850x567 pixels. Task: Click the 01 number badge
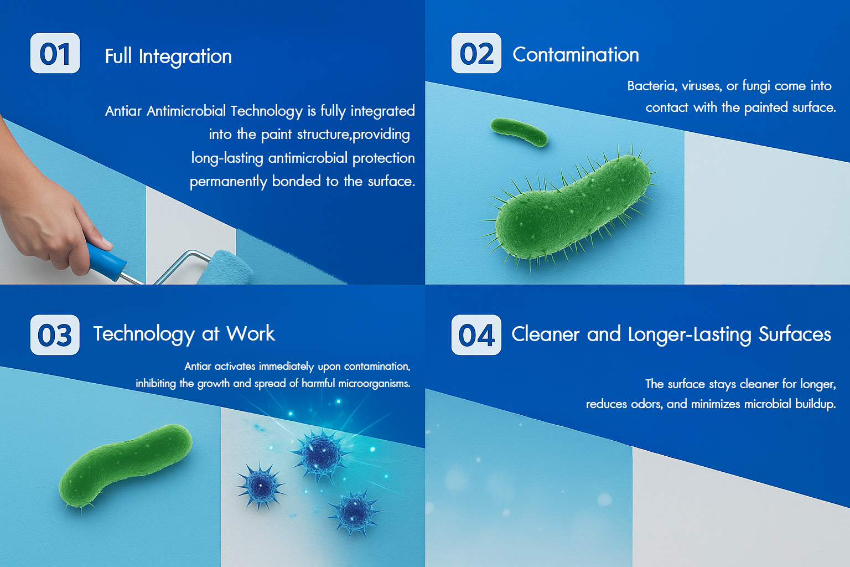pyautogui.click(x=55, y=53)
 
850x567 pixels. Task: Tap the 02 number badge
pyautogui.click(x=476, y=53)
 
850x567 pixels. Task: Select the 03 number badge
pyautogui.click(x=55, y=334)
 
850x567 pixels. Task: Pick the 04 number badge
pyautogui.click(x=476, y=334)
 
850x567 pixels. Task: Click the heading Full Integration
pyautogui.click(x=168, y=56)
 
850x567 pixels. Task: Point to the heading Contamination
pyautogui.click(x=576, y=55)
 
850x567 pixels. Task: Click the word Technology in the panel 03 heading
pyautogui.click(x=144, y=334)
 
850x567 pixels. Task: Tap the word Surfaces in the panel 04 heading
pyautogui.click(x=795, y=334)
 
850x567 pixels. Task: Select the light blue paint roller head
pyautogui.click(x=226, y=268)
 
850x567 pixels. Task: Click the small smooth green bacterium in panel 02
pyautogui.click(x=519, y=131)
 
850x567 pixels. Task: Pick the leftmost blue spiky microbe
pyautogui.click(x=261, y=486)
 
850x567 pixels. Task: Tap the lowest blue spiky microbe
pyautogui.click(x=355, y=512)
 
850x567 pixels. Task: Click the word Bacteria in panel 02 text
pyautogui.click(x=652, y=86)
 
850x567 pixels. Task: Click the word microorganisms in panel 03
pyautogui.click(x=374, y=384)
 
